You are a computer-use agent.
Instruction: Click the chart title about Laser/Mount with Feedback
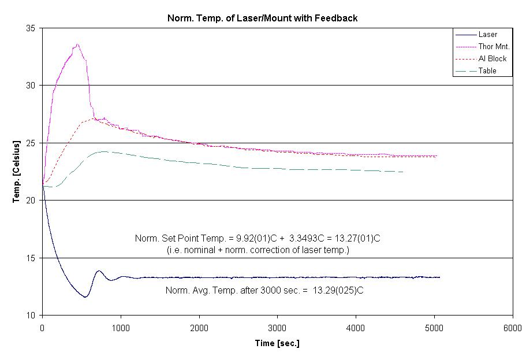pyautogui.click(x=263, y=18)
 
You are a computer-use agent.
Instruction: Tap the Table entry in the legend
pyautogui.click(x=487, y=71)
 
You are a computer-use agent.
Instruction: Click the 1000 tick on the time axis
pyautogui.click(x=121, y=328)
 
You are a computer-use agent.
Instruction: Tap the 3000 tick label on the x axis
pyautogui.click(x=278, y=328)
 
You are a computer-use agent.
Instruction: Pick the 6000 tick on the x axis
pyautogui.click(x=513, y=328)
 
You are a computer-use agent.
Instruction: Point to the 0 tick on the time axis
pyautogui.click(x=42, y=328)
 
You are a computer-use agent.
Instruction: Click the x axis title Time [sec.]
pyautogui.click(x=277, y=344)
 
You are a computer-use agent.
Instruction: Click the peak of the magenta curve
pyautogui.click(x=77, y=44)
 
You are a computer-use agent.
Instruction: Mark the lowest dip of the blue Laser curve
pyautogui.click(x=85, y=297)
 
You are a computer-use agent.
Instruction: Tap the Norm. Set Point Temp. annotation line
pyautogui.click(x=257, y=239)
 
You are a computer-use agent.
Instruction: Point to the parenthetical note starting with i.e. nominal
pyautogui.click(x=257, y=250)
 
